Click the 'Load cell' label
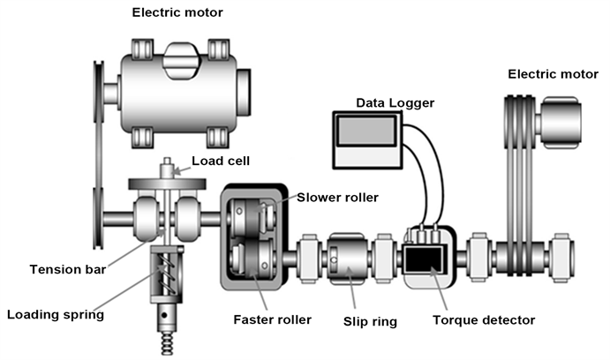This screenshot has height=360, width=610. [223, 161]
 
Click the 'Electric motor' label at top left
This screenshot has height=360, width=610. [177, 12]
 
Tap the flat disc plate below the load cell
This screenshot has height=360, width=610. [167, 183]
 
